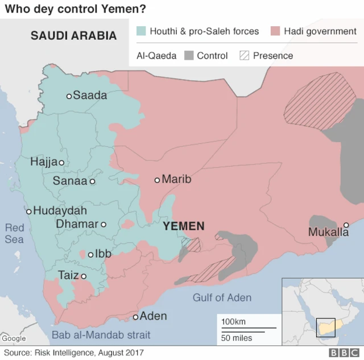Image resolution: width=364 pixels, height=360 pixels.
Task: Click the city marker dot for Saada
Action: (69, 96)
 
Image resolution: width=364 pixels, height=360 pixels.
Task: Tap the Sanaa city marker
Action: (92, 181)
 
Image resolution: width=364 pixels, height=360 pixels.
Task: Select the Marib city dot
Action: (158, 180)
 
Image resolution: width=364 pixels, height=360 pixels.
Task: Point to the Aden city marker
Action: (135, 317)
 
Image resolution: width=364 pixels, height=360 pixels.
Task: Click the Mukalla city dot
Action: (346, 225)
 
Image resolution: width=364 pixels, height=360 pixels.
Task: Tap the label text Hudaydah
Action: (60, 210)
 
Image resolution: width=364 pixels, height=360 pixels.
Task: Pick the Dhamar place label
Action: (77, 224)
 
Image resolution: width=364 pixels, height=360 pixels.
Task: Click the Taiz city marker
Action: (84, 276)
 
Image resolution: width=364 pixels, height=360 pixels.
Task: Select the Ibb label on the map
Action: (104, 254)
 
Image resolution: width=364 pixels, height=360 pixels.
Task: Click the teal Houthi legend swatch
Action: (141, 31)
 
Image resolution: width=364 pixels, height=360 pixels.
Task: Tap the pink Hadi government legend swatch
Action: (275, 31)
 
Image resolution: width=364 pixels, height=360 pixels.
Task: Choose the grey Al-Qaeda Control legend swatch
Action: (189, 56)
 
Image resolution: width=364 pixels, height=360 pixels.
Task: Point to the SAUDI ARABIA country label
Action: (73, 36)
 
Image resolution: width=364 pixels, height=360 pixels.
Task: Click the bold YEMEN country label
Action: (183, 226)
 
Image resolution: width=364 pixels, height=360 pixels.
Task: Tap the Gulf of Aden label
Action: (222, 297)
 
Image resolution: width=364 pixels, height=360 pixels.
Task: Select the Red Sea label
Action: (14, 234)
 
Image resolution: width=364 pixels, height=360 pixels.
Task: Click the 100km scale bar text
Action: (233, 322)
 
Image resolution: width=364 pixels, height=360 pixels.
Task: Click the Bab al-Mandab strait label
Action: (101, 335)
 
